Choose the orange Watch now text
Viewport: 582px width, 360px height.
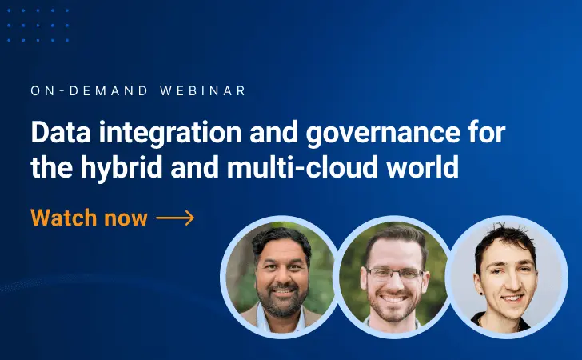[89, 218]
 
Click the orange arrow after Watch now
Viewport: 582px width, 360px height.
[175, 218]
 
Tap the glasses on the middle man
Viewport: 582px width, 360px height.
[394, 274]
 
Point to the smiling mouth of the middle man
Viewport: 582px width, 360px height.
[395, 302]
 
